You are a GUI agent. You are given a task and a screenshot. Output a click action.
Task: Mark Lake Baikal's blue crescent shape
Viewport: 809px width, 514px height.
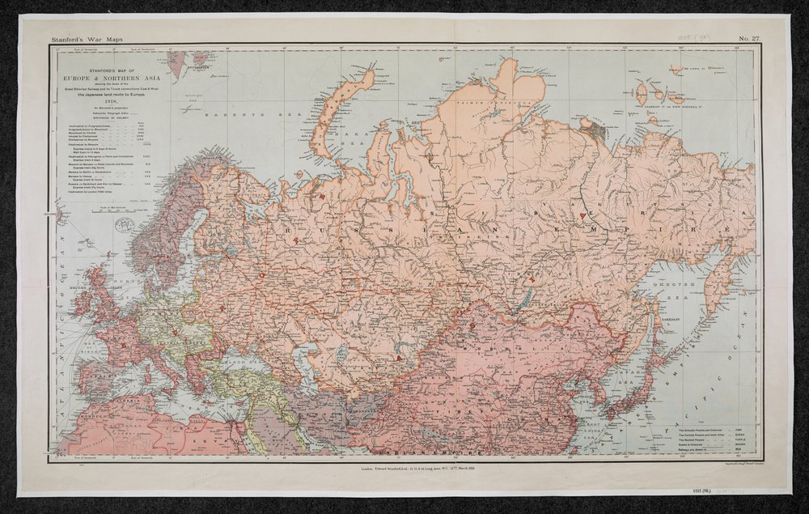click(519, 303)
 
